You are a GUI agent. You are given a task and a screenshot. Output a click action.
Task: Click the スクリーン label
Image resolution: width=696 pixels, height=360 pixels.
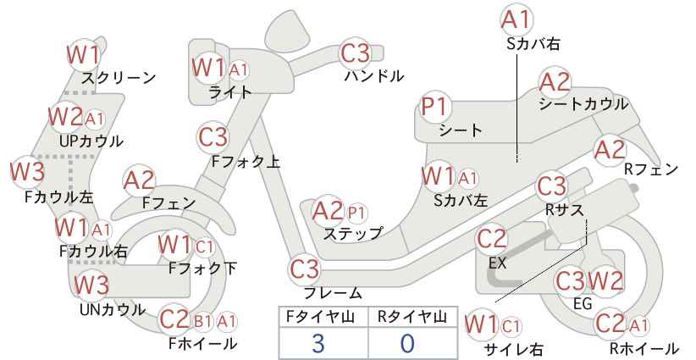(x=119, y=78)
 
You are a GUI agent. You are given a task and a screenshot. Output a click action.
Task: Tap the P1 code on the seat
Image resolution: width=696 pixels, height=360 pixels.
(x=435, y=108)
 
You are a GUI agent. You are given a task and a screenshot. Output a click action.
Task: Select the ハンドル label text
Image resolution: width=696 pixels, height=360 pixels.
(x=374, y=76)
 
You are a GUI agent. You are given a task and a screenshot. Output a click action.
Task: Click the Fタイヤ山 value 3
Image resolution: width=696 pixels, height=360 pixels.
(x=318, y=344)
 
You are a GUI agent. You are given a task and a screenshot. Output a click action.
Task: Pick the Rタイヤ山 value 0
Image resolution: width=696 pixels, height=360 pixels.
(x=406, y=344)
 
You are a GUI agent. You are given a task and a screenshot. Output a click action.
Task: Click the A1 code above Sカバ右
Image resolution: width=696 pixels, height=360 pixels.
(x=516, y=19)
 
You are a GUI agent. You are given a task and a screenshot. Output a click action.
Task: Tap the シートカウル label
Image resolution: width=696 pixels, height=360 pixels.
(x=583, y=104)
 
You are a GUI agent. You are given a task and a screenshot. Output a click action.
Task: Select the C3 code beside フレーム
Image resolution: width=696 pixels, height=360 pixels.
(x=305, y=269)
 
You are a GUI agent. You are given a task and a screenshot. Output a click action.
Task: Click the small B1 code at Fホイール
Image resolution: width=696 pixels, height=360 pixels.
(x=203, y=321)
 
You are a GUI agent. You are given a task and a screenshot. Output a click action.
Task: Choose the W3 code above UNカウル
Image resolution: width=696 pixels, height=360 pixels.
(x=91, y=285)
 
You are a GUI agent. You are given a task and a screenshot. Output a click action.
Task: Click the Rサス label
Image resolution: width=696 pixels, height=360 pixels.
(x=564, y=209)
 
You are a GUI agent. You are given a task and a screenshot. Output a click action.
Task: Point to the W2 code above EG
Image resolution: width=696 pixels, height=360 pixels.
(x=606, y=281)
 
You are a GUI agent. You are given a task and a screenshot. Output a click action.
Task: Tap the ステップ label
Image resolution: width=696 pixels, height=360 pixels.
(x=353, y=234)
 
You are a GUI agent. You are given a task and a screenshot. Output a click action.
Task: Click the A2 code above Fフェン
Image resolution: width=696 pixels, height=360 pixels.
(x=139, y=181)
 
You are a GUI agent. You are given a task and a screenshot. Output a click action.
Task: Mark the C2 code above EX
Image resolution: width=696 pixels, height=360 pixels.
(x=491, y=240)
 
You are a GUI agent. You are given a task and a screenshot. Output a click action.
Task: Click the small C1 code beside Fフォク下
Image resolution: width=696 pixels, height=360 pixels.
(x=204, y=246)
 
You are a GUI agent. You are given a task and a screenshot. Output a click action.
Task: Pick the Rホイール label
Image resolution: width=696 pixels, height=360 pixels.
(x=644, y=348)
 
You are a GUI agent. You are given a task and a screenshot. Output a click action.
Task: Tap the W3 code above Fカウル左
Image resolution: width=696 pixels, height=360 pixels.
(x=28, y=171)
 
